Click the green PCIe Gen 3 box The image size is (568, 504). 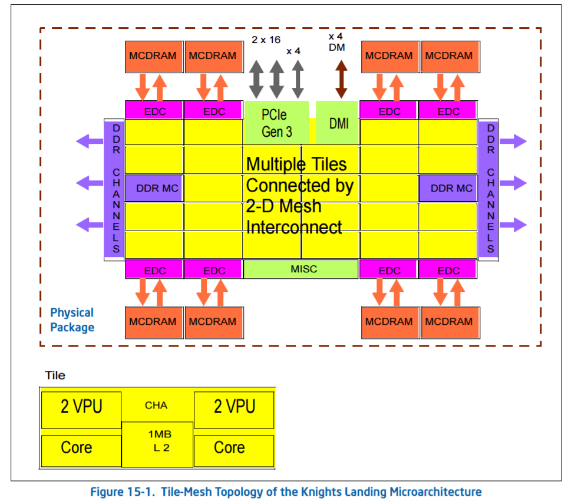pyautogui.click(x=276, y=122)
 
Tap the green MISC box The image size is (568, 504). pyautogui.click(x=301, y=269)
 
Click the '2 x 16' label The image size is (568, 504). pyautogui.click(x=266, y=40)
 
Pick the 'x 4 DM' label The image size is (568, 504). pyautogui.click(x=336, y=42)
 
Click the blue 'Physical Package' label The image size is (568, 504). pyautogui.click(x=72, y=319)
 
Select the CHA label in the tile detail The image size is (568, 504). pyautogui.click(x=156, y=405)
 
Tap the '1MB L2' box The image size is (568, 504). pyautogui.click(x=157, y=444)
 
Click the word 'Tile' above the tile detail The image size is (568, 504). pyautogui.click(x=55, y=375)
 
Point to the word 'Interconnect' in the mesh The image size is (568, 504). pyautogui.click(x=293, y=227)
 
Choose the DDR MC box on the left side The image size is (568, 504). pyautogui.click(x=154, y=189)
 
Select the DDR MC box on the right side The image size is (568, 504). pyautogui.click(x=448, y=189)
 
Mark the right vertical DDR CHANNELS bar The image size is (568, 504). pyautogui.click(x=488, y=189)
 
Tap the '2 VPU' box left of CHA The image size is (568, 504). pyautogui.click(x=81, y=407)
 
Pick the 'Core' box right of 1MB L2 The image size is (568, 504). pyautogui.click(x=233, y=449)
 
